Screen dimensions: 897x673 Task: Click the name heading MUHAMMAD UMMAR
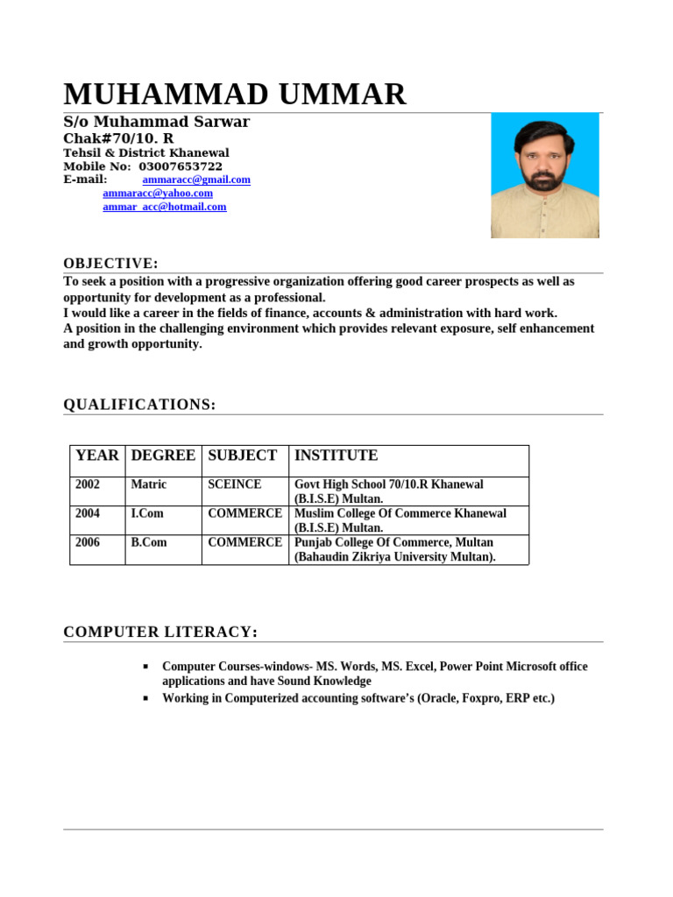[x=235, y=94]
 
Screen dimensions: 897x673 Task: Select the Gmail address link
[x=196, y=180]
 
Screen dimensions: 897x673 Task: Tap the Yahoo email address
[x=158, y=193]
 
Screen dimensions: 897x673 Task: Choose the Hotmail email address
[x=165, y=207]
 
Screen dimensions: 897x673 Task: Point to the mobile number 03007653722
[x=181, y=166]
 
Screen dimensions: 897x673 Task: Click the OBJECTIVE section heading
[x=110, y=264]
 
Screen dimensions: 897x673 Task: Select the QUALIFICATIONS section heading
[x=139, y=404]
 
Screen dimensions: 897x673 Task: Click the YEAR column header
[x=97, y=456]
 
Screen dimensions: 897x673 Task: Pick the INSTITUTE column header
[x=336, y=456]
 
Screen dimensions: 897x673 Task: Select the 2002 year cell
[x=88, y=484]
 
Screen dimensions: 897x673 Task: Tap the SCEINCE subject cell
[x=234, y=484]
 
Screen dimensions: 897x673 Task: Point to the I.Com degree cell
[x=147, y=513]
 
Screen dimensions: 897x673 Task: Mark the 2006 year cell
[x=88, y=542]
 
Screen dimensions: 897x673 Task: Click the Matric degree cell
[x=148, y=484]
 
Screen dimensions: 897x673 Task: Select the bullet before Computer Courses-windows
[x=145, y=667]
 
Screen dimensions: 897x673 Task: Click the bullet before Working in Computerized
[x=145, y=698]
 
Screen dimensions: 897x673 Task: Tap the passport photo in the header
[x=544, y=175]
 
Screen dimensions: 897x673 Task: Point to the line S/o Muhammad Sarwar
[x=156, y=122]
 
